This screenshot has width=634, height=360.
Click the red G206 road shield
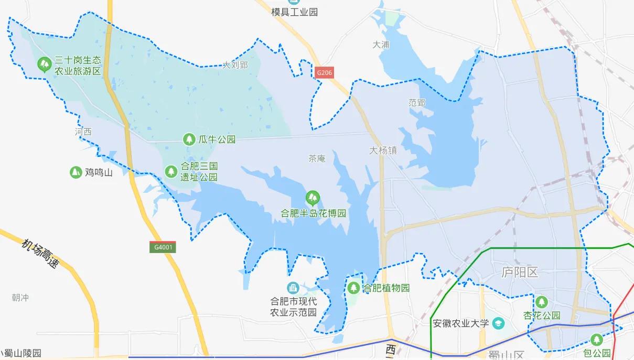325,73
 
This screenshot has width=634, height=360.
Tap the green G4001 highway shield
162,247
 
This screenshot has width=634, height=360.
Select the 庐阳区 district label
520,272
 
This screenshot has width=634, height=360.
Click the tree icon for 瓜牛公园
188,139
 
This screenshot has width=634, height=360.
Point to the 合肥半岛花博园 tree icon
313,198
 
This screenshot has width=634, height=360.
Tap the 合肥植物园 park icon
353,288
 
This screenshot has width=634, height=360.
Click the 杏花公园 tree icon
541,302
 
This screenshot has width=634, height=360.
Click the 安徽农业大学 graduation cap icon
498,323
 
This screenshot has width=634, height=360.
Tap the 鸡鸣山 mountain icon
76,172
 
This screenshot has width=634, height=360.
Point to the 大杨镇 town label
383,150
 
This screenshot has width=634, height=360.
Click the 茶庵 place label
317,158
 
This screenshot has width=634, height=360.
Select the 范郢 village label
417,103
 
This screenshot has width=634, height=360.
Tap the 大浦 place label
381,45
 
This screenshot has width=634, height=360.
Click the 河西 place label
83,132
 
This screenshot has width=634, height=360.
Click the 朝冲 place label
20,298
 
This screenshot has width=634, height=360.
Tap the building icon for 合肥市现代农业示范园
293,288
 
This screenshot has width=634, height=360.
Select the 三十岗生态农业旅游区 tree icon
44,64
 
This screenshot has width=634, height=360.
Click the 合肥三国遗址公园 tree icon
171,171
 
